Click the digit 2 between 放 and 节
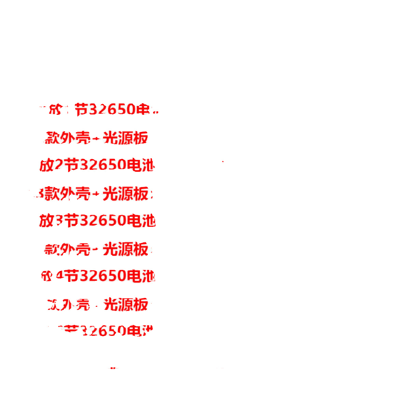(x=59, y=165)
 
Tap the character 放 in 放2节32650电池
(x=46, y=165)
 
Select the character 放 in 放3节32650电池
(x=46, y=221)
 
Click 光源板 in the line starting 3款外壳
(x=125, y=194)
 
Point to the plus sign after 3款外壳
(x=96, y=194)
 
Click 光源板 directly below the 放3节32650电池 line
(x=125, y=249)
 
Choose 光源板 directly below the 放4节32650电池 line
(x=125, y=304)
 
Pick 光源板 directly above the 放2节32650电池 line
(x=125, y=138)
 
